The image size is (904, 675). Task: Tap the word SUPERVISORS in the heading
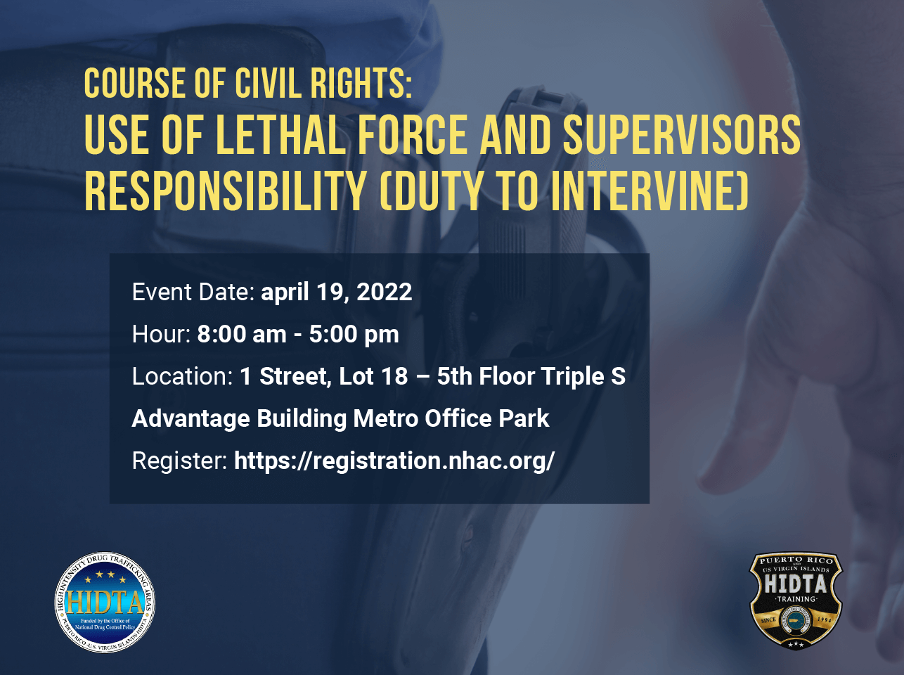(x=682, y=134)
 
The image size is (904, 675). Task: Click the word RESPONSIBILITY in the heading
(x=226, y=191)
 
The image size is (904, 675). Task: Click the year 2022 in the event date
(x=385, y=292)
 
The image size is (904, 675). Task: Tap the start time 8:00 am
(x=242, y=334)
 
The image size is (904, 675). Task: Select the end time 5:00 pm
(x=354, y=335)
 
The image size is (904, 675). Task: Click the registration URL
(x=394, y=461)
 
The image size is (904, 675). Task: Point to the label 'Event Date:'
(x=193, y=292)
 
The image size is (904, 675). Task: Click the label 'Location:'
(x=183, y=376)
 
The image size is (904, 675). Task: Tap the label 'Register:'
(x=180, y=461)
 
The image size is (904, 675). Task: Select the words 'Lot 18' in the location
(x=373, y=376)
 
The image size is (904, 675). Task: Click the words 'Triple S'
(x=583, y=377)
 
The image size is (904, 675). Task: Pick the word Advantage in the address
(x=191, y=419)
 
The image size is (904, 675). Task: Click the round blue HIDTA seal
(x=105, y=602)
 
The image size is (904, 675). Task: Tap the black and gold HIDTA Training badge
(x=796, y=601)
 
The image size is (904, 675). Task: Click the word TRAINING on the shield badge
(x=796, y=599)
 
